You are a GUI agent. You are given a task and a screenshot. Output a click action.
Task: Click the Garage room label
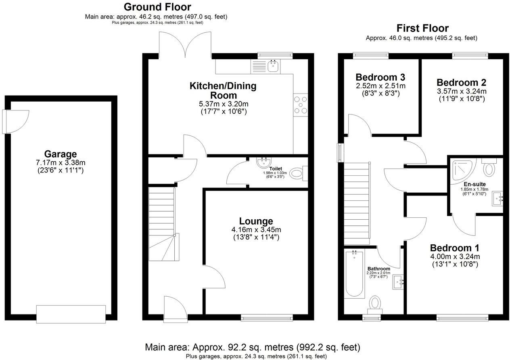point(61,154)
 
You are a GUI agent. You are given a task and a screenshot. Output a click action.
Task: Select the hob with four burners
point(301,104)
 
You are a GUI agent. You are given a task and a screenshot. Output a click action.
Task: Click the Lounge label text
point(256,221)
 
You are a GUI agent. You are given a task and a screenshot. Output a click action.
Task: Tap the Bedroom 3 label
point(380,77)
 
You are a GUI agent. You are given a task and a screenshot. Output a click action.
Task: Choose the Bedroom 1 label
point(454,248)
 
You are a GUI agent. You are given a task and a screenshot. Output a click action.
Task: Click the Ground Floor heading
point(157,7)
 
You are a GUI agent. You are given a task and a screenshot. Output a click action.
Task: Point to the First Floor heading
point(422,28)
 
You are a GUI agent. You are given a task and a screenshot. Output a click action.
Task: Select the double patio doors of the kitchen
point(185,44)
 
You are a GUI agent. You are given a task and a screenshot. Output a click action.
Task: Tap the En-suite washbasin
point(497,198)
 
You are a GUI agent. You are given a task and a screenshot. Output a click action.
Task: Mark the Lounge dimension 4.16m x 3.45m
point(256,229)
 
